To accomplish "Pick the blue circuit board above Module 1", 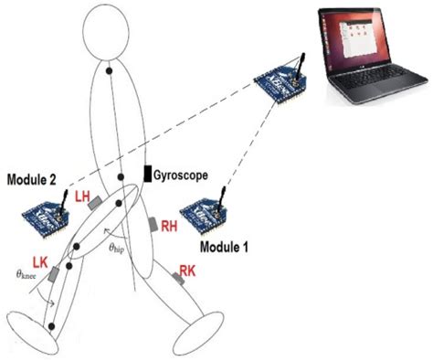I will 205,213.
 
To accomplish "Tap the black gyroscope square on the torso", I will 147,174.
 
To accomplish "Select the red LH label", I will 83,196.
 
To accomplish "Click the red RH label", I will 169,228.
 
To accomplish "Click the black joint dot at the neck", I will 109,70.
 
